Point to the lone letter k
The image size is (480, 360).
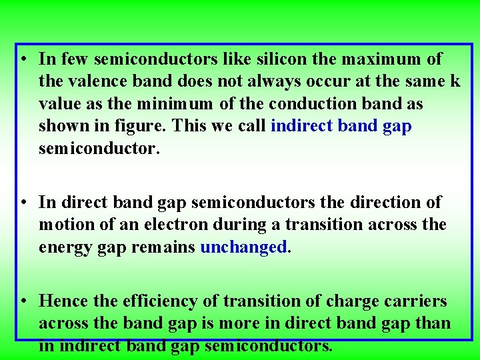455,82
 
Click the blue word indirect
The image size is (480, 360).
302,127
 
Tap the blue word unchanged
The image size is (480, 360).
243,247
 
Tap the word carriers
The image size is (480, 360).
414,301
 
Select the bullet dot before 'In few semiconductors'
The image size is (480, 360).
23,59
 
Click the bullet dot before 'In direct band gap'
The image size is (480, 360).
23,202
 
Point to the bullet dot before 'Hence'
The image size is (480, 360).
23,301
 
